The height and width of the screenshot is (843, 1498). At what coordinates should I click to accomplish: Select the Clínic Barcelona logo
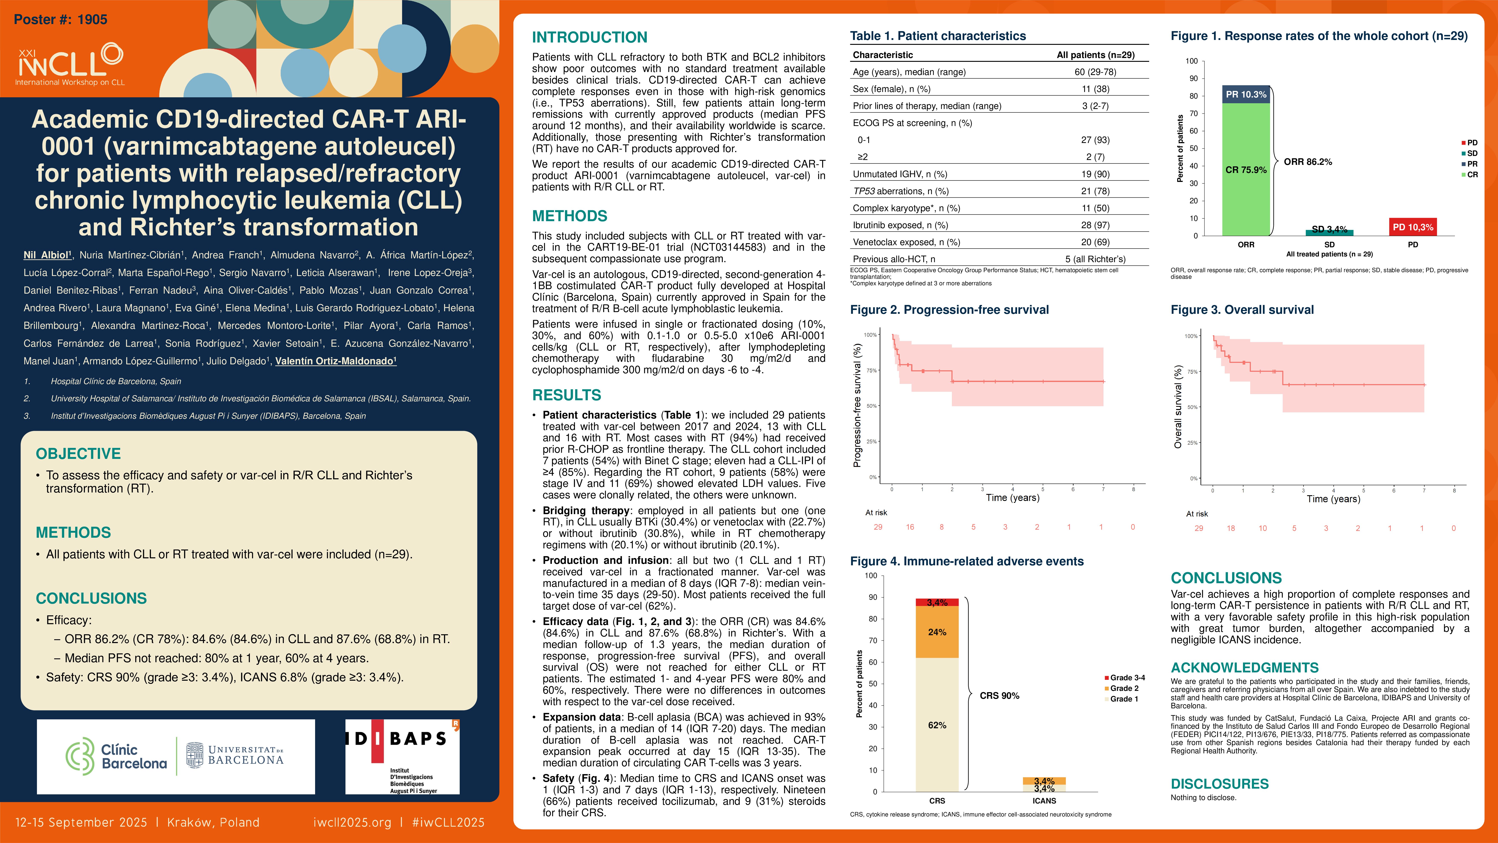pos(116,756)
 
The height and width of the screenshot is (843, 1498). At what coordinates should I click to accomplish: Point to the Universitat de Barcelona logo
pos(235,755)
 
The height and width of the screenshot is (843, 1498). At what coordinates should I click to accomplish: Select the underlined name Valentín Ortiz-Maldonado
pos(335,361)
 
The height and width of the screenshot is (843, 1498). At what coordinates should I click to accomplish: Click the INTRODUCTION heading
pos(589,37)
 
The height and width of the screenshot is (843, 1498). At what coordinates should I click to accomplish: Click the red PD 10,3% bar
pos(1412,227)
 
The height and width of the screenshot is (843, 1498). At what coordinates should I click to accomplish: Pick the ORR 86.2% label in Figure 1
pos(1308,162)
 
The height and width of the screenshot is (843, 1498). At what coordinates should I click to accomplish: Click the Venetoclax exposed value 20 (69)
pos(1095,242)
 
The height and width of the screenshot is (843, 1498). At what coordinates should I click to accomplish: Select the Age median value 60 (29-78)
pos(1095,72)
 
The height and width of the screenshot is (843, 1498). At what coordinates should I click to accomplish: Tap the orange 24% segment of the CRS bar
pos(937,632)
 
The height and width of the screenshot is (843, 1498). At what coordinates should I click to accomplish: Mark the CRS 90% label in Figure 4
pos(999,696)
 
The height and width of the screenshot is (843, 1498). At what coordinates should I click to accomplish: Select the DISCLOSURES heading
pos(1219,784)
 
